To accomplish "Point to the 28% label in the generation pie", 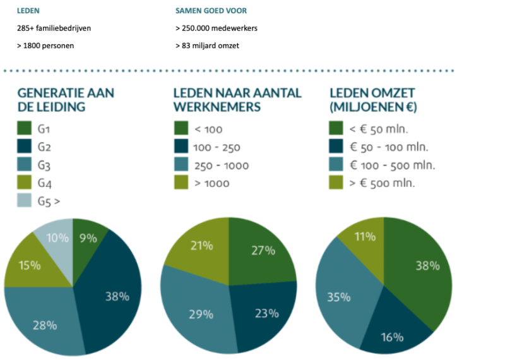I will click(x=44, y=325).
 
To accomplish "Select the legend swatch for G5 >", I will click(x=25, y=200).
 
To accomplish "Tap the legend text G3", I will click(x=45, y=165).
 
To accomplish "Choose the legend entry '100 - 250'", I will click(x=217, y=148).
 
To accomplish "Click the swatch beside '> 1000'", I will click(x=181, y=183).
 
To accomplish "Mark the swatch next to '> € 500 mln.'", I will click(x=337, y=183).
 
